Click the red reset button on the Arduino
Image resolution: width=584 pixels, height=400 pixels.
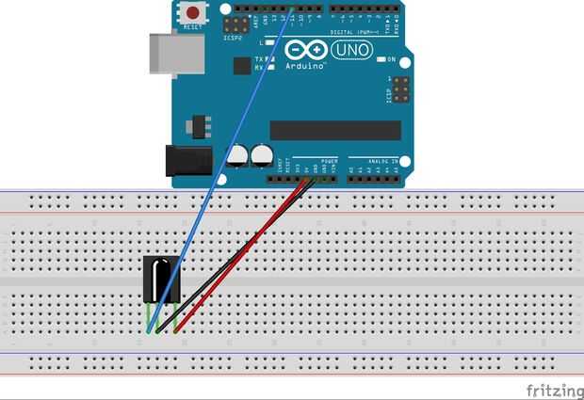194,13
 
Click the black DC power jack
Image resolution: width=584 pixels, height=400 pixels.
186,161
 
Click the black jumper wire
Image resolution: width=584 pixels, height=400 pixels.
226,264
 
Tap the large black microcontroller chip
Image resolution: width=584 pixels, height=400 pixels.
335,130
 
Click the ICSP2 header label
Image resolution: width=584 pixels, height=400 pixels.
233,39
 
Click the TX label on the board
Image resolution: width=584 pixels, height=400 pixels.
257,58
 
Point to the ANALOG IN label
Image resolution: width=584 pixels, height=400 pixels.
377,161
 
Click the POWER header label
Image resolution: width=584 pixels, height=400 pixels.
329,161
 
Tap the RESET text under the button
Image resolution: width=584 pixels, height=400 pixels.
193,28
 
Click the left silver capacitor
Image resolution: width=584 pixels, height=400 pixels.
238,156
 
